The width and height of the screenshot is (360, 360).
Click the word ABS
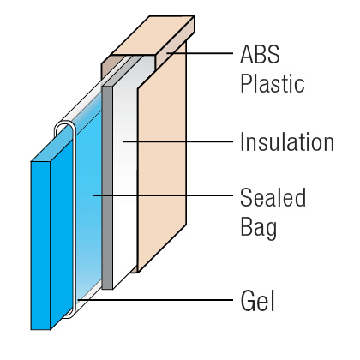click(260, 55)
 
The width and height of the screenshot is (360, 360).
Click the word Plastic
click(273, 83)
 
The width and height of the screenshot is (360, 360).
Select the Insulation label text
click(287, 141)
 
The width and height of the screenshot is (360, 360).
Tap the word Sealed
click(273, 197)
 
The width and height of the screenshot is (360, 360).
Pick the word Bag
click(258, 228)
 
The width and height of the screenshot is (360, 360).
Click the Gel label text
click(257, 301)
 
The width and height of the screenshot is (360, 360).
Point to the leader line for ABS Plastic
click(200, 53)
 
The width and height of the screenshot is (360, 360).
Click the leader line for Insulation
click(177, 141)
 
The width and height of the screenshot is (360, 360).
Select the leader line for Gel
click(155, 300)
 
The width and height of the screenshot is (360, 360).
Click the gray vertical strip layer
click(107, 188)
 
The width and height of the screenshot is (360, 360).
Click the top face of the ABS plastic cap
click(153, 35)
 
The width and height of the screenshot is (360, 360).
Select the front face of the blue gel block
click(40, 246)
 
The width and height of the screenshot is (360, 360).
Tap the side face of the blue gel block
click(62, 234)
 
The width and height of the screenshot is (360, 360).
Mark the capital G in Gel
click(248, 301)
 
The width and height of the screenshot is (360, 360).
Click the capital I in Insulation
click(243, 141)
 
